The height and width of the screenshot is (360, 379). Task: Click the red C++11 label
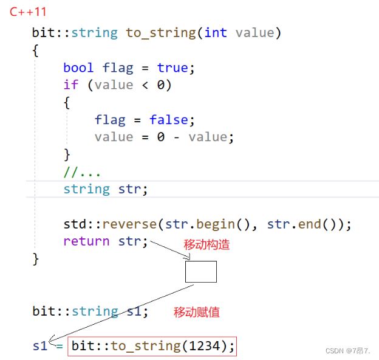click(x=28, y=12)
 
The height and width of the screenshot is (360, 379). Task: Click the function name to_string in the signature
click(x=160, y=32)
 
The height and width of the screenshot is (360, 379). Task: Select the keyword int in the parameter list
click(x=216, y=32)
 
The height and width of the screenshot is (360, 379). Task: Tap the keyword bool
click(x=78, y=67)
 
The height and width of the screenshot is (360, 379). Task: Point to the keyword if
click(x=70, y=85)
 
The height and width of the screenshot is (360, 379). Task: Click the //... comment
click(x=82, y=171)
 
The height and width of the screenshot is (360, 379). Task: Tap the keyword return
click(x=86, y=241)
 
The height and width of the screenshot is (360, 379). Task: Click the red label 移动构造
click(x=207, y=245)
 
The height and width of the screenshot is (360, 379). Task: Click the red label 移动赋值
click(x=197, y=313)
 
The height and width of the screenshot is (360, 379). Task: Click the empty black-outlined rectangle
click(x=200, y=272)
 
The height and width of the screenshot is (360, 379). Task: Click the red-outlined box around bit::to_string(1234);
click(x=152, y=346)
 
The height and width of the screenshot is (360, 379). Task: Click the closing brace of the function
click(x=35, y=258)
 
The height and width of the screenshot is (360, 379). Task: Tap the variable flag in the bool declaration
click(x=117, y=67)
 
